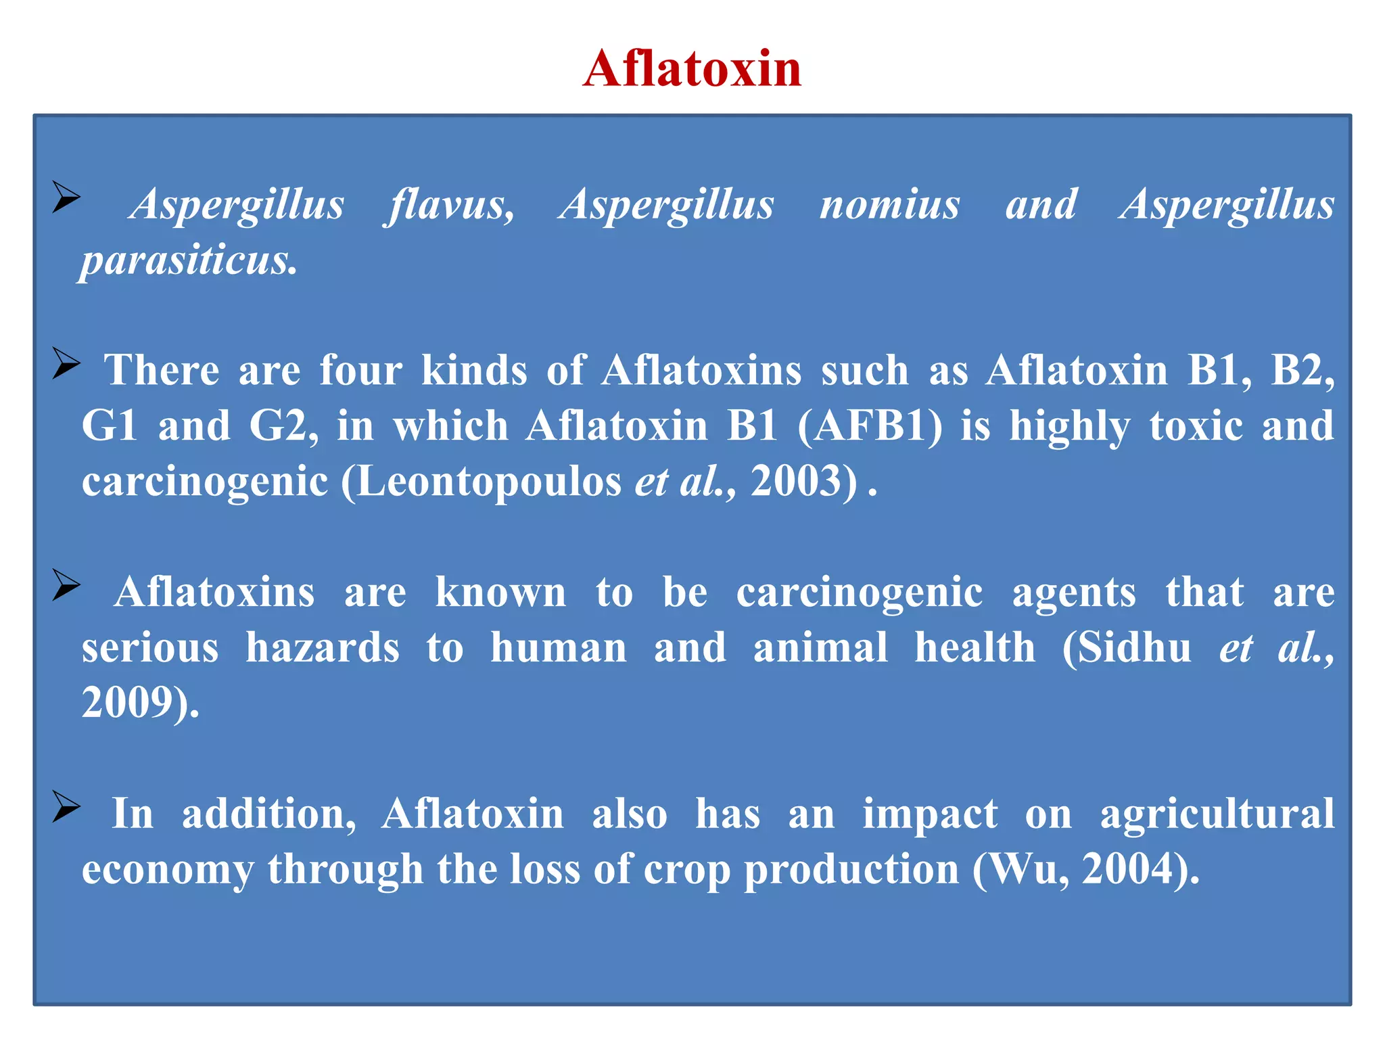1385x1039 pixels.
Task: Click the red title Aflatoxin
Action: [692, 69]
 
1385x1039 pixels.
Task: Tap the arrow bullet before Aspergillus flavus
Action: [66, 198]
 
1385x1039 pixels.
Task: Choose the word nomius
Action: [889, 204]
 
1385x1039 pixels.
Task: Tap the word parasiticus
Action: [189, 260]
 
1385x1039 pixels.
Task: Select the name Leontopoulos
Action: [488, 482]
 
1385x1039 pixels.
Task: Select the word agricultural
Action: [1217, 813]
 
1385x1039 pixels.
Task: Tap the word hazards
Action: [323, 647]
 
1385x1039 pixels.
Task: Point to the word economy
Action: [168, 869]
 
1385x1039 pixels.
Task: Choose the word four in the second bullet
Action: [360, 371]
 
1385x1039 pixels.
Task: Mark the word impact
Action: [930, 813]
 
